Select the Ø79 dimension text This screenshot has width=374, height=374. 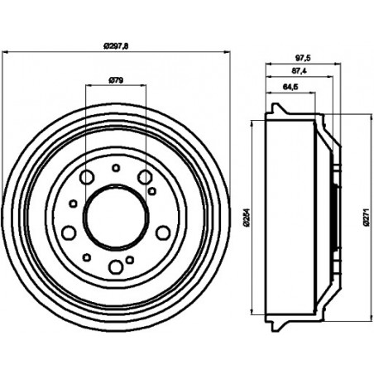pyautogui.click(x=116, y=80)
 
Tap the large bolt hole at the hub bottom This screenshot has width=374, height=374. pyautogui.click(x=116, y=267)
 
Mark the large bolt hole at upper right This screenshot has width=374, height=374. pyautogui.click(x=145, y=177)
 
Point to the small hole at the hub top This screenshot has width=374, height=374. pyautogui.click(x=116, y=168)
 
